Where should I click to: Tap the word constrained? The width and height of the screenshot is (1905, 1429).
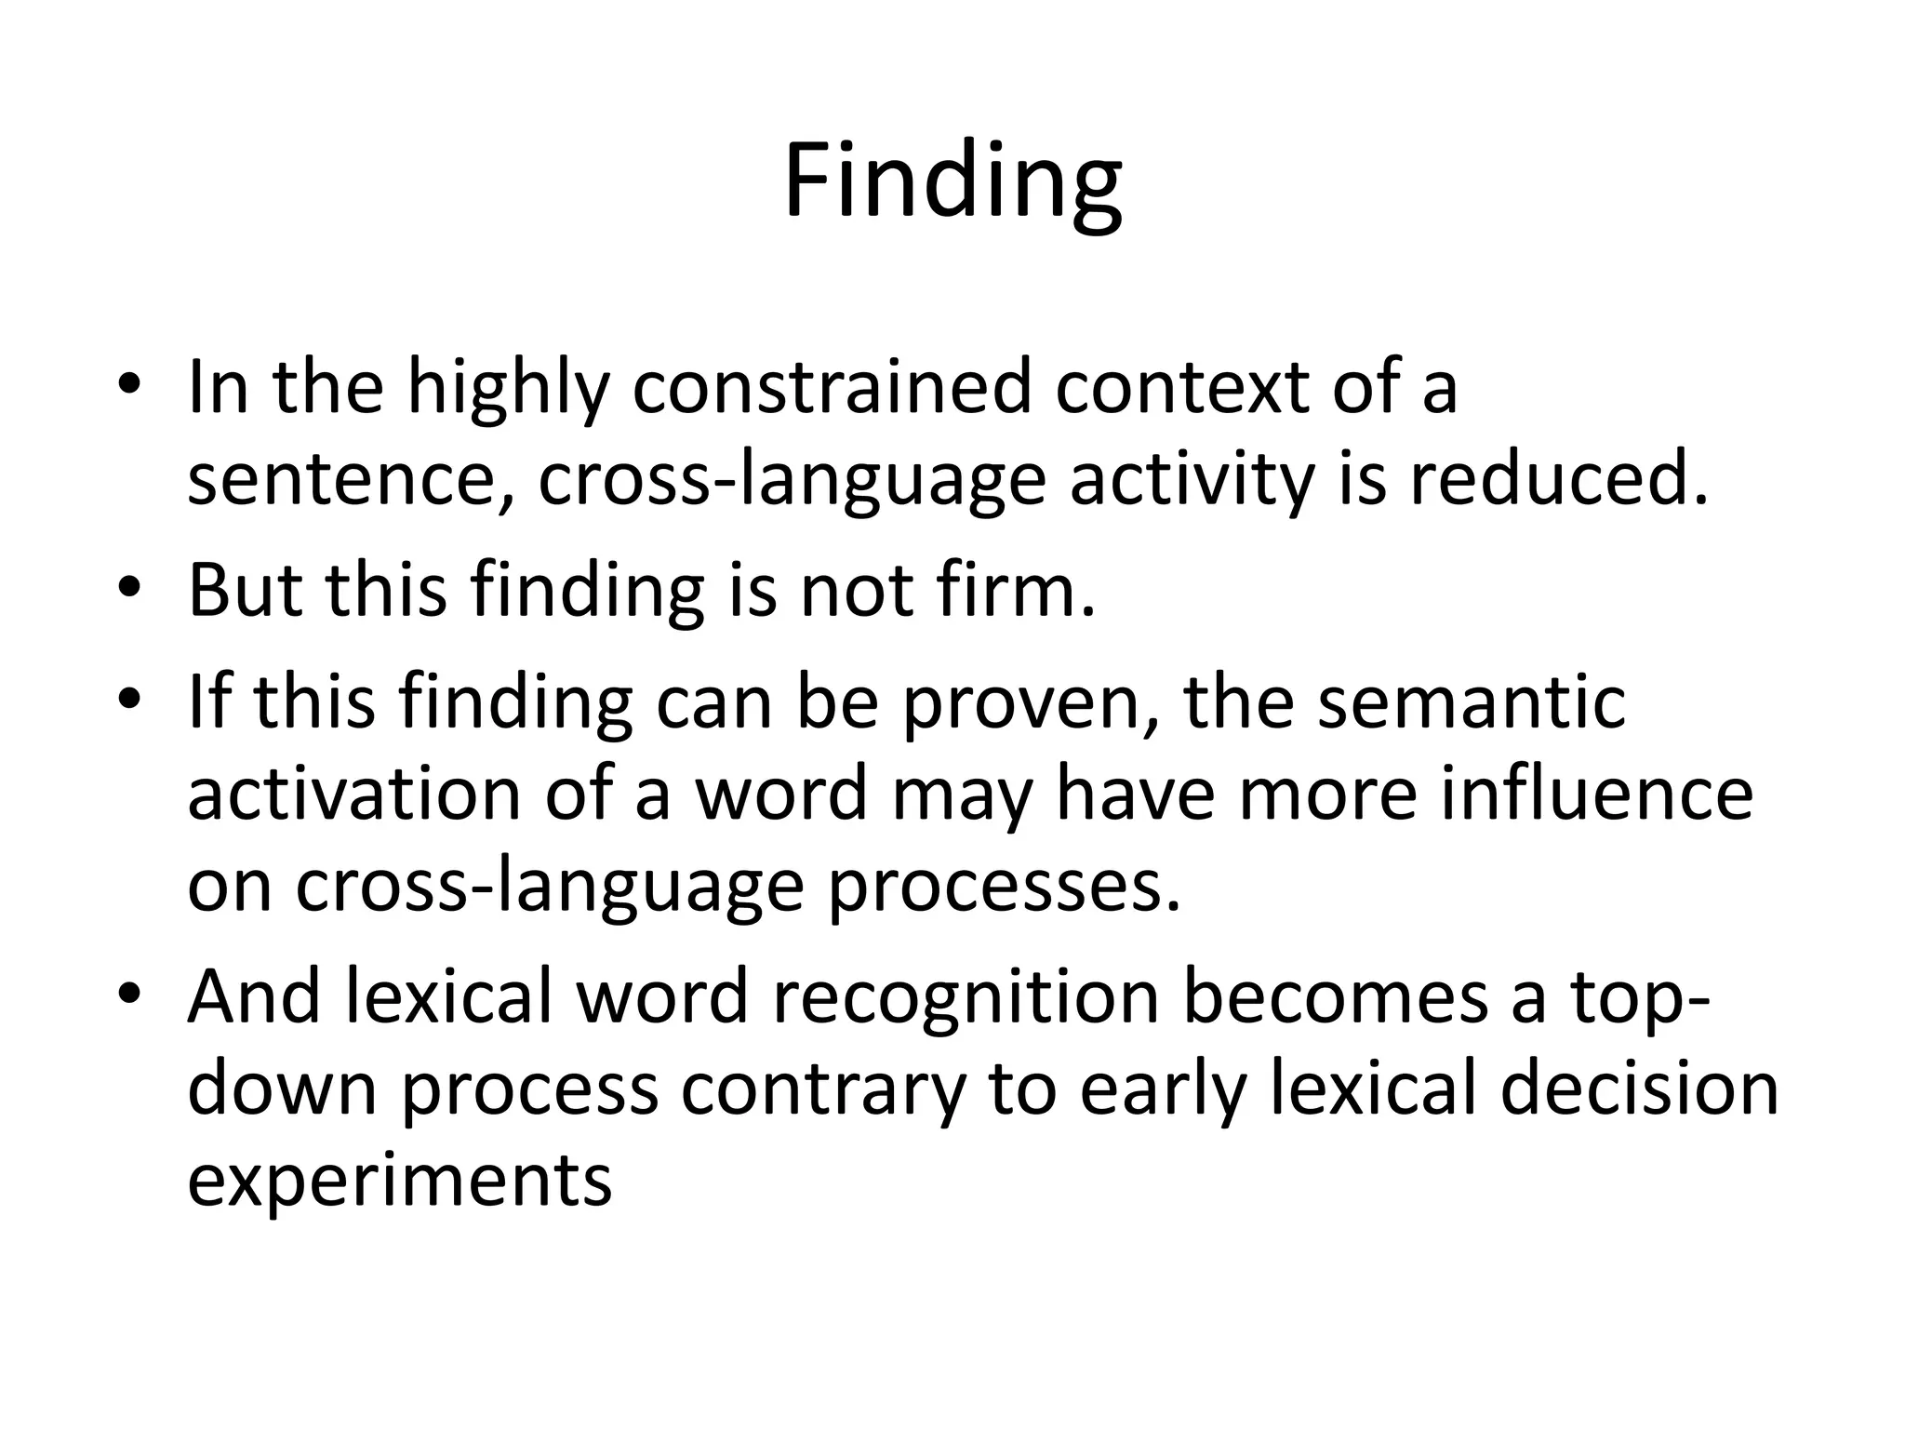pyautogui.click(x=832, y=388)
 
